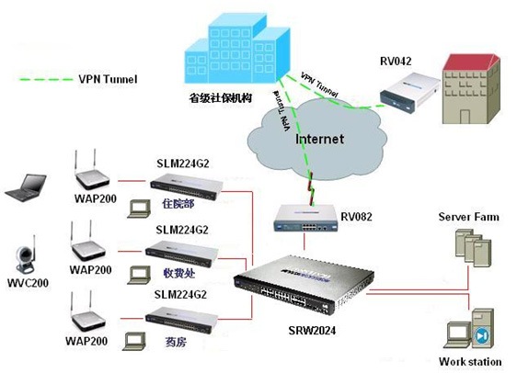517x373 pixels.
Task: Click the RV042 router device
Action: click(x=410, y=93)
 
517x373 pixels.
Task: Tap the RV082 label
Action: click(x=356, y=217)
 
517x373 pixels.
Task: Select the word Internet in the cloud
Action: click(x=319, y=139)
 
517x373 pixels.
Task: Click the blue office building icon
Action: click(x=237, y=49)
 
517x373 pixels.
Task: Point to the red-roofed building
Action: click(x=472, y=89)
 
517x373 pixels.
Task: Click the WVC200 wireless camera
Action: click(x=26, y=256)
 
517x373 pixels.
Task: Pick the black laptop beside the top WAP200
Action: click(x=26, y=187)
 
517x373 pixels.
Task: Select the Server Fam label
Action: click(x=468, y=217)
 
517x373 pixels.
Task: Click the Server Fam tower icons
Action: click(x=473, y=248)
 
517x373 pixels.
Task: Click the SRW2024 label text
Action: click(x=312, y=330)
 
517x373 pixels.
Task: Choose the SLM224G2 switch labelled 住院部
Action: click(x=187, y=186)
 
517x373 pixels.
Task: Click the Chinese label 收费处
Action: click(x=179, y=273)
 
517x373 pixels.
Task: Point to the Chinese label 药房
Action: click(x=176, y=342)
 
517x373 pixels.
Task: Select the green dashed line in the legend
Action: click(x=46, y=79)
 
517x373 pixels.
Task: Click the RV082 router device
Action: click(x=305, y=219)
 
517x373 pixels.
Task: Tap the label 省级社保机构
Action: click(x=220, y=97)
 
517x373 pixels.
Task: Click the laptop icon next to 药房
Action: click(x=134, y=342)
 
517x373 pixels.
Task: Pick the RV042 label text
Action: click(x=396, y=62)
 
